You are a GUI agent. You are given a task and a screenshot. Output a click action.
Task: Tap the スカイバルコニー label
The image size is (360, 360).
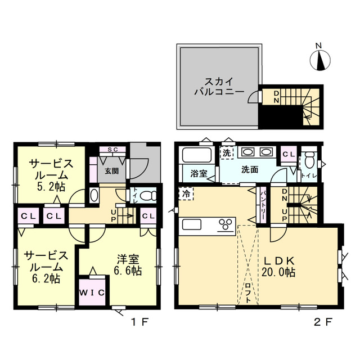(x=219, y=87)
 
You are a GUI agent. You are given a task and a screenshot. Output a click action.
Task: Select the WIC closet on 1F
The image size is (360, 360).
(x=92, y=292)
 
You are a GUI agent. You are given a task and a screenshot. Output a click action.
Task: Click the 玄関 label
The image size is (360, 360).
(x=111, y=171)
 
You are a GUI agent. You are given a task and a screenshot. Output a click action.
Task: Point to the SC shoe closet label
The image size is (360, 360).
(x=112, y=150)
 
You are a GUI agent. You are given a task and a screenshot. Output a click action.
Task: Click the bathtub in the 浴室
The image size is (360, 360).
(x=196, y=155)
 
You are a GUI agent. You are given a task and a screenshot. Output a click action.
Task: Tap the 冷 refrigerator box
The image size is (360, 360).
(x=186, y=193)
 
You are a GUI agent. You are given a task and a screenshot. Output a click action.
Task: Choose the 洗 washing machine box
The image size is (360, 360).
(x=227, y=153)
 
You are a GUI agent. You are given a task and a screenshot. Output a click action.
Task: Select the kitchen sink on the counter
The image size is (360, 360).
(x=192, y=224)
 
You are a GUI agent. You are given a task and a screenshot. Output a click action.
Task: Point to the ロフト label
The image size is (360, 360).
(x=247, y=293)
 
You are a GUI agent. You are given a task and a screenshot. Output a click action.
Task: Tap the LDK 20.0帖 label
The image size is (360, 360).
(x=278, y=267)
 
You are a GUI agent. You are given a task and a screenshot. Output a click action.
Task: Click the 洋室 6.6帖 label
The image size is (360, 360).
(x=128, y=265)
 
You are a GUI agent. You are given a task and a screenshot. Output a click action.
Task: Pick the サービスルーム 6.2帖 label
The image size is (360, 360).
(x=46, y=267)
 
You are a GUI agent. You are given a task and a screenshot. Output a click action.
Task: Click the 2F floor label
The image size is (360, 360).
(x=322, y=322)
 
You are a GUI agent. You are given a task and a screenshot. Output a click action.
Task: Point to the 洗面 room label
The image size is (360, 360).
(x=250, y=170)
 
